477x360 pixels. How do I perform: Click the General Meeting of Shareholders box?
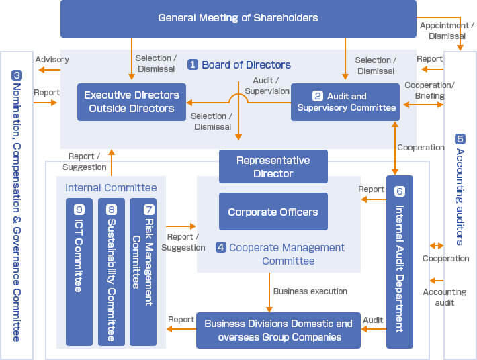[x=238, y=18]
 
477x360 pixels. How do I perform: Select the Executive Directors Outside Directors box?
[x=131, y=102]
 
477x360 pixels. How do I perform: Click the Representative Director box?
[x=273, y=167]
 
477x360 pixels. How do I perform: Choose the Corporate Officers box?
[x=273, y=212]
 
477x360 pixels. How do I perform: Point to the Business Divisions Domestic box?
[x=278, y=330]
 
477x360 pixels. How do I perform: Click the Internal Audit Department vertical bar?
[x=400, y=261]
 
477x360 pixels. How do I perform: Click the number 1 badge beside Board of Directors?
[x=193, y=65]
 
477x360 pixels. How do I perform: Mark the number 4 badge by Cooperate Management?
[x=220, y=247]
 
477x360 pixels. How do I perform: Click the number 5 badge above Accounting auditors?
[x=460, y=139]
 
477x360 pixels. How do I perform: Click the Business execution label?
[x=310, y=291]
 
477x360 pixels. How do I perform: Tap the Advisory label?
[x=52, y=60]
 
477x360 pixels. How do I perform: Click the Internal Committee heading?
[x=111, y=187]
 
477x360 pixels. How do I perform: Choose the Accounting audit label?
[x=444, y=297]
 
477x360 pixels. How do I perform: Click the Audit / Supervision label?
[x=267, y=86]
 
